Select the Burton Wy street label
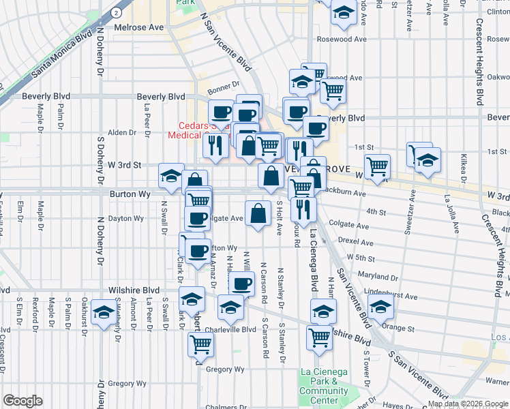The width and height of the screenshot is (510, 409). point(130,194)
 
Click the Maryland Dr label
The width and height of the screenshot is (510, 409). point(381,277)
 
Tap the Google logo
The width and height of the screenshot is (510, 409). point(22,401)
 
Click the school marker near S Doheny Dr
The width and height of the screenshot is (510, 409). point(104,312)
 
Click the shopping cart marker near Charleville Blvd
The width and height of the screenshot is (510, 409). point(200,344)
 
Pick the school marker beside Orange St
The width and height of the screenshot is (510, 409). point(380,309)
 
